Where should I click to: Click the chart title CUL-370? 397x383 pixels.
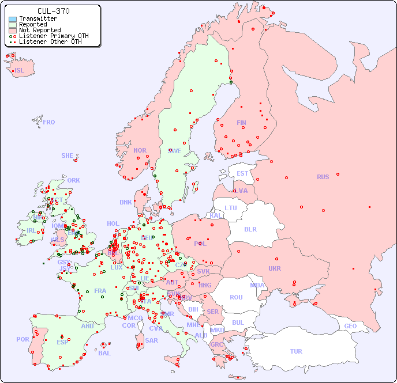(53, 11)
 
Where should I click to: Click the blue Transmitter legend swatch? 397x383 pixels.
(13, 18)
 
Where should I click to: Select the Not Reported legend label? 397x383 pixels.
(40, 30)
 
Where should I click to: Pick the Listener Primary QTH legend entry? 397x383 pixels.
(54, 36)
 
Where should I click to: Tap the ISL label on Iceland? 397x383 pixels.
(20, 71)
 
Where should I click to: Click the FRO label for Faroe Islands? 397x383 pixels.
(49, 122)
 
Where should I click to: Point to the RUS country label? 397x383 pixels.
(323, 177)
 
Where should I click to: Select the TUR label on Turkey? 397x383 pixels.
(296, 351)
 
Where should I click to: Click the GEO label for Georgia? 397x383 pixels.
(350, 326)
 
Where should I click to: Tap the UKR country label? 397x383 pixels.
(275, 268)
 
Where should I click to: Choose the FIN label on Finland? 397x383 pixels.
(241, 123)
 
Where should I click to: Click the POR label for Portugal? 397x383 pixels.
(23, 339)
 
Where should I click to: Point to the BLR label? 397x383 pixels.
(250, 229)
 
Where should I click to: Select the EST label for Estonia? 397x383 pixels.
(242, 173)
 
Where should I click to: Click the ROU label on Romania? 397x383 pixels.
(236, 297)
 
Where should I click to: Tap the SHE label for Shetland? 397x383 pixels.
(68, 156)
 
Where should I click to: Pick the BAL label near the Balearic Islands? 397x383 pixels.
(104, 353)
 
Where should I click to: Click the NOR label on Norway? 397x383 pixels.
(140, 150)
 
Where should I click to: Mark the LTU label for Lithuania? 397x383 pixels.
(231, 208)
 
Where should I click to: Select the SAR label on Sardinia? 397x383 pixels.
(152, 340)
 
